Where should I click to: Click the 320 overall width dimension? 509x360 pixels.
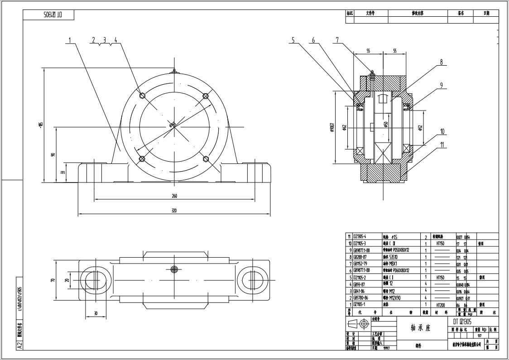[x=174, y=210]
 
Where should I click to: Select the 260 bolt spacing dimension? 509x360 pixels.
[x=174, y=196]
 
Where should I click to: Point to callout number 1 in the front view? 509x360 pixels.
[x=70, y=40]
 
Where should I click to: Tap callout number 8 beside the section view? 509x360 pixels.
[x=441, y=62]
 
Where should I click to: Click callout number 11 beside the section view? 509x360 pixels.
[x=442, y=145]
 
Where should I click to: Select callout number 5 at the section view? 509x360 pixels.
[x=293, y=40]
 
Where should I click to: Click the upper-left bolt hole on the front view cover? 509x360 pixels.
[x=142, y=96]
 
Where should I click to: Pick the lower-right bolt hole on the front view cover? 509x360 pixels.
[x=206, y=158]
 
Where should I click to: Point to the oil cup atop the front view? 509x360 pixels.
[x=174, y=70]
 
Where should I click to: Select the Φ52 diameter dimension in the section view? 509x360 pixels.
[x=421, y=129]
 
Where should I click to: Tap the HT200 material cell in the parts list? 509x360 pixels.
[x=439, y=305]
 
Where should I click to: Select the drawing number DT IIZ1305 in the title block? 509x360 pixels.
[x=462, y=321]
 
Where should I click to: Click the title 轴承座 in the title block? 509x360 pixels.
[x=420, y=328]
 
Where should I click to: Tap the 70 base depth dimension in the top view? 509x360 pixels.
[x=53, y=280]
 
